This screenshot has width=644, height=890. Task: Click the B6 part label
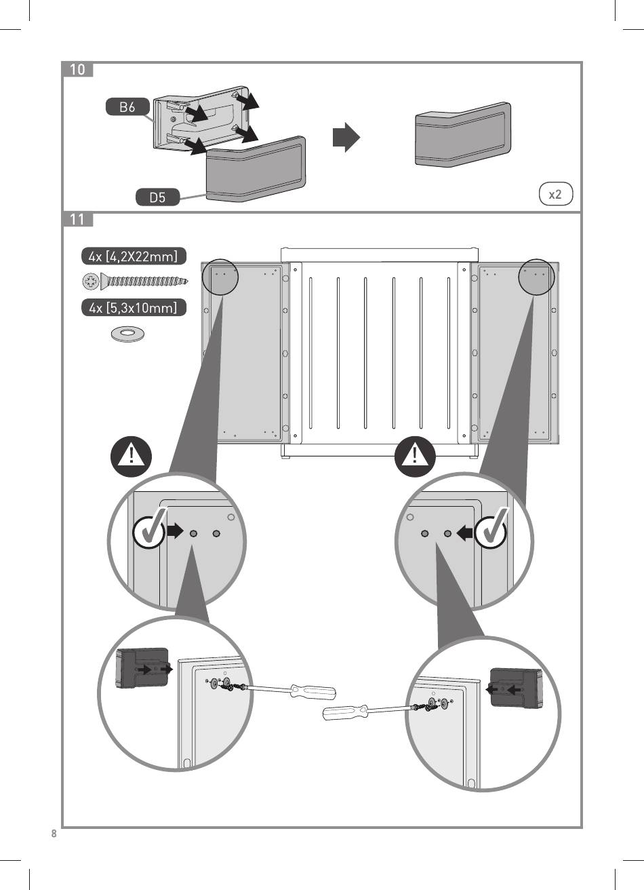127,107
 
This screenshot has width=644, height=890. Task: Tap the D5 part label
157,197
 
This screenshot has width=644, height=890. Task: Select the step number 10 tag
77,69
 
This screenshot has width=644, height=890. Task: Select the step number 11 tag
77,219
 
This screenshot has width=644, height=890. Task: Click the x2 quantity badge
556,194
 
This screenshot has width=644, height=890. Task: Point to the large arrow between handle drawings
346,138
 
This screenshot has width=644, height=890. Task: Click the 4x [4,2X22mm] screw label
134,256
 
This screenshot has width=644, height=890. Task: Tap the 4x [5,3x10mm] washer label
134,307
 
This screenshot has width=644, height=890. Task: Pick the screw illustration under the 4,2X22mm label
135,282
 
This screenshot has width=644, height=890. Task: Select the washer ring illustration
128,333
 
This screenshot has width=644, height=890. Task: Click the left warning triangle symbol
131,457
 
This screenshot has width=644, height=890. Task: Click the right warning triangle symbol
415,457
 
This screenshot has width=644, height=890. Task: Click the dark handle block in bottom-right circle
515,689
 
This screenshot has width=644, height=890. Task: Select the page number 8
54,834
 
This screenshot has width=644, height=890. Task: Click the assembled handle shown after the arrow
463,135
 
